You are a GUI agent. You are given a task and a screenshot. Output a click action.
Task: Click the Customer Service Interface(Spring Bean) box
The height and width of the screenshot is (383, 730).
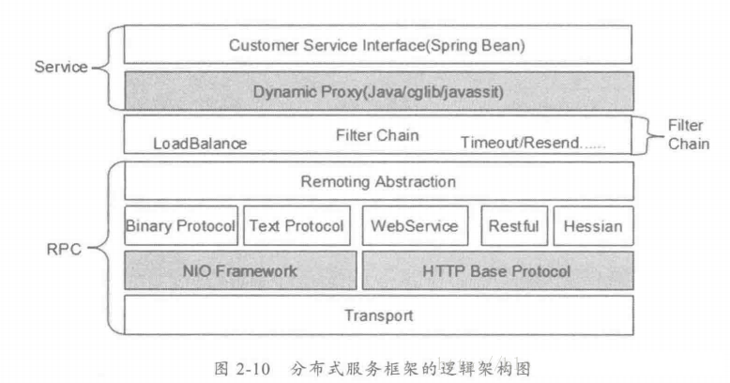[x=378, y=45]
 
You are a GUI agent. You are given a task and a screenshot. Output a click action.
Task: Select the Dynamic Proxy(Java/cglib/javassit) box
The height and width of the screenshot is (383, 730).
[x=378, y=91]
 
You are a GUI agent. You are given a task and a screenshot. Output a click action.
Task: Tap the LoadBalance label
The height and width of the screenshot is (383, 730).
[x=200, y=143]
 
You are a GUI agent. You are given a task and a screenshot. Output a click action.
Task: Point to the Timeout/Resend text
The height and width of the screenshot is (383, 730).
[x=532, y=143]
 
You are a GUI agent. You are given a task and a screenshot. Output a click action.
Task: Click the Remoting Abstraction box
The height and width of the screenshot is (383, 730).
[x=378, y=181]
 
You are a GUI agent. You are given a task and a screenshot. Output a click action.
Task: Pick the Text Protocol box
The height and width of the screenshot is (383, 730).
[x=297, y=226]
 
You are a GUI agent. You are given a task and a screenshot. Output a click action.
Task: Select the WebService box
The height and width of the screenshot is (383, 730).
[x=415, y=226]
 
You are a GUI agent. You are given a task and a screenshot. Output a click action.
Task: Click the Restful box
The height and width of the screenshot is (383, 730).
[x=514, y=226]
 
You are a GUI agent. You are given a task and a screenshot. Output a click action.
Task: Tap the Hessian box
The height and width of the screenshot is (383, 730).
[x=593, y=226]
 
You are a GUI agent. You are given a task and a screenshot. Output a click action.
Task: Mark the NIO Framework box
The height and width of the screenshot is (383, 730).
[x=240, y=270]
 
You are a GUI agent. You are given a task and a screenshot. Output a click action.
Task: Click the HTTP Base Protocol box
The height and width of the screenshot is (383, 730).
[x=497, y=270]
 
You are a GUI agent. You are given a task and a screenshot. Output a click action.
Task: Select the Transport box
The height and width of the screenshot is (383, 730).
[x=378, y=314]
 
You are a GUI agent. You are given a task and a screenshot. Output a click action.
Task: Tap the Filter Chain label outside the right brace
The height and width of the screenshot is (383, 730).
[x=688, y=134]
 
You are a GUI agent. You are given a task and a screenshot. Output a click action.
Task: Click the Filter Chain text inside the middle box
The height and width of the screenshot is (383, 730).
[x=377, y=134]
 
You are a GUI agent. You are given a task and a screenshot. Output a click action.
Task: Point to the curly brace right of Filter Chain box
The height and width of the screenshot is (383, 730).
[x=646, y=135]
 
